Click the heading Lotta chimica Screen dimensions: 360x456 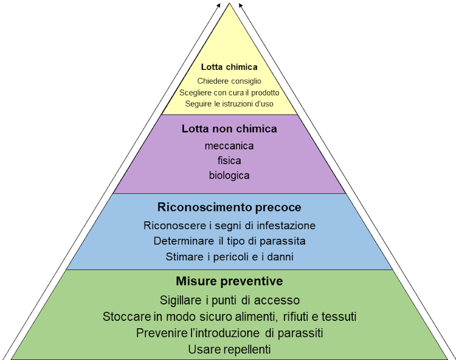(x=229, y=67)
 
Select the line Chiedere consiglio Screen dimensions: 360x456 (x=229, y=81)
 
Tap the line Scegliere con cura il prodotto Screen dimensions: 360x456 (x=229, y=93)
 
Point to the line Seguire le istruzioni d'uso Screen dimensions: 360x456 (x=229, y=104)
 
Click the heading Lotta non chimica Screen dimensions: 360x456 (x=229, y=129)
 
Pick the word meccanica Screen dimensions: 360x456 (x=229, y=146)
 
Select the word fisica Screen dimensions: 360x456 (x=229, y=160)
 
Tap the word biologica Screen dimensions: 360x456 (x=229, y=176)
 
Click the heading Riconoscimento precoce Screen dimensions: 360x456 (x=229, y=208)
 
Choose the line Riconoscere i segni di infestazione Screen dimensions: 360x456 (x=229, y=225)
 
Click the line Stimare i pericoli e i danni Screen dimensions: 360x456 (x=229, y=257)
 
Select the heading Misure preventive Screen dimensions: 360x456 (x=229, y=282)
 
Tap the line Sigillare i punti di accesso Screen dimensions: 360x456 (x=229, y=300)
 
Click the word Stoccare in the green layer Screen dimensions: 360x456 (x=122, y=317)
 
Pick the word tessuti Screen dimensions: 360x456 (x=340, y=317)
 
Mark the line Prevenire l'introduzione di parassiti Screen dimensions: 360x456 (x=229, y=333)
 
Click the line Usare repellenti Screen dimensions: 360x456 (x=229, y=349)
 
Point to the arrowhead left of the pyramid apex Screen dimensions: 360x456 (x=219, y=5)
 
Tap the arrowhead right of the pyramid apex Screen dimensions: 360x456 (x=240, y=5)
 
